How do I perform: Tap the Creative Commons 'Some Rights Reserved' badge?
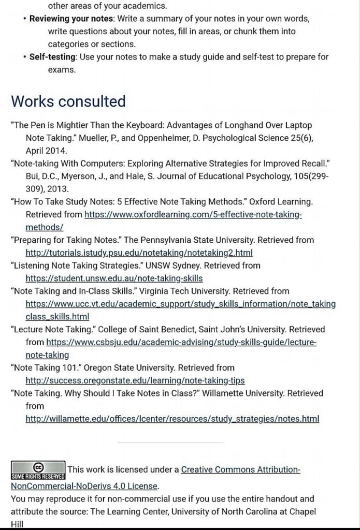point(38,469)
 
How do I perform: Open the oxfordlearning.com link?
point(193,214)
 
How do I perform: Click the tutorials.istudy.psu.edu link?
point(139,253)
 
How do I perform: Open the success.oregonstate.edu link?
point(135,380)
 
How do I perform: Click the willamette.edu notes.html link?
point(172,418)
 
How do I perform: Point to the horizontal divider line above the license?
point(170,443)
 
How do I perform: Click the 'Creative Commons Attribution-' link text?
point(241,470)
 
